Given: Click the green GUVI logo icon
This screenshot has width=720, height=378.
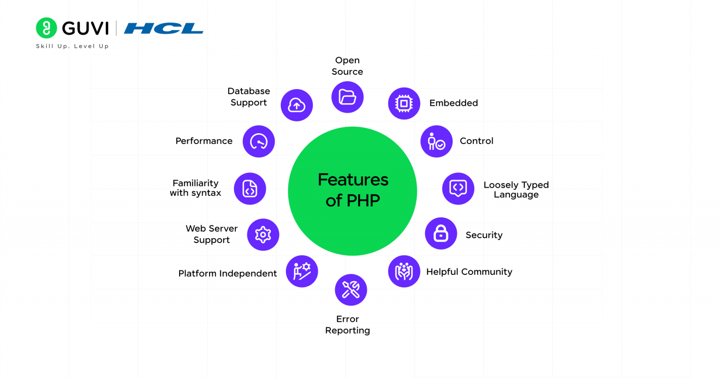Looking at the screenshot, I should [x=46, y=28].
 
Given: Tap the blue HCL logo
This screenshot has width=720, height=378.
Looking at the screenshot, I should [x=163, y=29].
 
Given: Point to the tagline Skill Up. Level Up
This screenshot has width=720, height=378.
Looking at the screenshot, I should [x=72, y=46].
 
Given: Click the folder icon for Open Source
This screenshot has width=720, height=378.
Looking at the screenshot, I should [x=347, y=97].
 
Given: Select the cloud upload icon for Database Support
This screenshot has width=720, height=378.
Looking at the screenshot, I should [x=297, y=105].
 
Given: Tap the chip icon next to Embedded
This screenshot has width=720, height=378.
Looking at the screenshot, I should [x=404, y=103].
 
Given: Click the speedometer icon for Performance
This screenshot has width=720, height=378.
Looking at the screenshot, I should [x=259, y=141].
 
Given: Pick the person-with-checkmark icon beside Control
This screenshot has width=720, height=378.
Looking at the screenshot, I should [x=436, y=141].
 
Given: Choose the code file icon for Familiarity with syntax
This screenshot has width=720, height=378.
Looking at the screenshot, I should [x=250, y=189].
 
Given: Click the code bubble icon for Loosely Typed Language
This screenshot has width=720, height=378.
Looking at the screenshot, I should [x=458, y=189].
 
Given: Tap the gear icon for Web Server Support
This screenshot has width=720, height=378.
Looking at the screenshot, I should [x=263, y=234].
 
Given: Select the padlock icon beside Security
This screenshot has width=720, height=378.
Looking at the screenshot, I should [x=441, y=234].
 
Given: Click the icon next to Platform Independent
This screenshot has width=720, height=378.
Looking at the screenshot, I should [x=302, y=271].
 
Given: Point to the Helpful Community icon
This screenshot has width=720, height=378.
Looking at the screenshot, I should [x=404, y=271].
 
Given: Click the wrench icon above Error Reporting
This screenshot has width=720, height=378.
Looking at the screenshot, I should [x=351, y=290].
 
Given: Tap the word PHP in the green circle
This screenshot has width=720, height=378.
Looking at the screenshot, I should [x=363, y=201].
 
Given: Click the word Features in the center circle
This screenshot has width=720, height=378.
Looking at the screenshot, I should [x=353, y=180].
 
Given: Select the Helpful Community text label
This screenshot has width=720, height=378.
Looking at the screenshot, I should [x=469, y=272].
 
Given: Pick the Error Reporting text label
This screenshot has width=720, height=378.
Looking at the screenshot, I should [x=347, y=325].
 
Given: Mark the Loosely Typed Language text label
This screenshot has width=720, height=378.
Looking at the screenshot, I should [x=516, y=189].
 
